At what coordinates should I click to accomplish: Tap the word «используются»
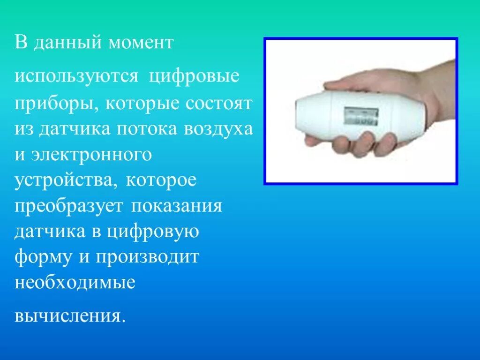pyautogui.click(x=76, y=76)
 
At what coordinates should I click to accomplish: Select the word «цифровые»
pyautogui.click(x=195, y=76)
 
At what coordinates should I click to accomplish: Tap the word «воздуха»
pyautogui.click(x=219, y=129)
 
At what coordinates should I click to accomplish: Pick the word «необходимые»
pyautogui.click(x=75, y=283)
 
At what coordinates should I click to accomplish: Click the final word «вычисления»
pyautogui.click(x=70, y=315)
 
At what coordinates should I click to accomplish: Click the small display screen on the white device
pyautogui.click(x=361, y=115)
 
